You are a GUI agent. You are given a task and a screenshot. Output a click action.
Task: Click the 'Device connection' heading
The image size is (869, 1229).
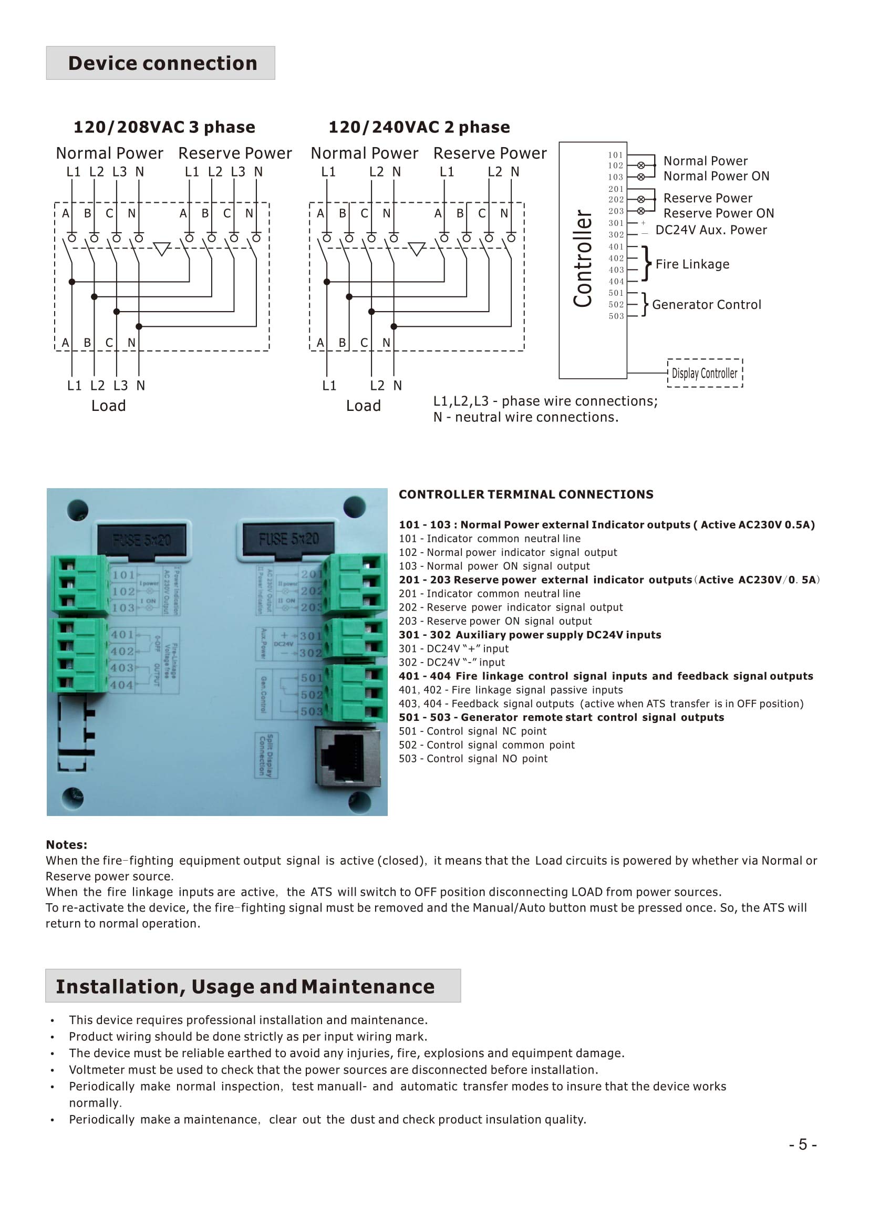tap(163, 63)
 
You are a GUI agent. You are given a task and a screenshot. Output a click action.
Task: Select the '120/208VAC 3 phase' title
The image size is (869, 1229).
tap(164, 127)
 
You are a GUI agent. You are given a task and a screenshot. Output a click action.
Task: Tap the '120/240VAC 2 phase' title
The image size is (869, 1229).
tap(419, 127)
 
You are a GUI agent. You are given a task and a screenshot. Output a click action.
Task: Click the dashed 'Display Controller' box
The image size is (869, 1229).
tap(705, 373)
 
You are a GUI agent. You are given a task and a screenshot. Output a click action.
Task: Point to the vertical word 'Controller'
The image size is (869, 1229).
tap(583, 259)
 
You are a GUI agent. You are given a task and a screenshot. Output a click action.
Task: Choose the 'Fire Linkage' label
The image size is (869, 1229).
tap(692, 264)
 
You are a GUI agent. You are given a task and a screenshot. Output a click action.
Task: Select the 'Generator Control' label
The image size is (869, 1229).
tap(706, 305)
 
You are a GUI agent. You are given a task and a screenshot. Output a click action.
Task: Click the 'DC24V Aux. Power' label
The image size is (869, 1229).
tap(711, 230)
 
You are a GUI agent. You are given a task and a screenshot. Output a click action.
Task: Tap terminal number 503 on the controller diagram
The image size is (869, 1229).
tap(616, 316)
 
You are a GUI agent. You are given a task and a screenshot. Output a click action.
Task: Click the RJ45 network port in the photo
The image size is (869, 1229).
tap(348, 758)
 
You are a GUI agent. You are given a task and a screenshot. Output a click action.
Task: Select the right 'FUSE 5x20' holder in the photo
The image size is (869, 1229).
tap(288, 539)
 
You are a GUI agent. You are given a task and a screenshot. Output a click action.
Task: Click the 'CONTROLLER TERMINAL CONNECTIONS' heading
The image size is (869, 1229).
tap(526, 494)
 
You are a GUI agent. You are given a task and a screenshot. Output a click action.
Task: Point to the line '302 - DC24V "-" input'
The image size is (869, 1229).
tap(452, 663)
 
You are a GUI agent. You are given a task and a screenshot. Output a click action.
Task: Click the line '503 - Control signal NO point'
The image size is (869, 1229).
tap(473, 759)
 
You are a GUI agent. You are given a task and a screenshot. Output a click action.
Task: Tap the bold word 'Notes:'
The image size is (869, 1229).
tap(66, 845)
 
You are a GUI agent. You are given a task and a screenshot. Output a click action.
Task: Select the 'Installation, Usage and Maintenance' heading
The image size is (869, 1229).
tap(245, 987)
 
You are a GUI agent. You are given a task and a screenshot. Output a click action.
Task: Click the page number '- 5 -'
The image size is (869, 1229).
tap(803, 1144)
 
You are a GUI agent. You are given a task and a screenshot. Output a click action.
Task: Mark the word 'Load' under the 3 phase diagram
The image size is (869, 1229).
tap(109, 406)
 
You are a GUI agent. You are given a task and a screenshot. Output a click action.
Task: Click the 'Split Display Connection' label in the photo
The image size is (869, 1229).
tap(266, 755)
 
